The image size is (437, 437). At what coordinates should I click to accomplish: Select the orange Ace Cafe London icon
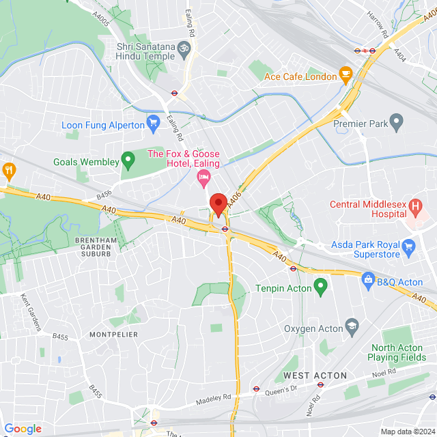[346, 73]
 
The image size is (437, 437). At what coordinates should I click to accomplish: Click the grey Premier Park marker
[397, 124]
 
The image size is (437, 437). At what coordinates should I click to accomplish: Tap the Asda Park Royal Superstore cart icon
[408, 246]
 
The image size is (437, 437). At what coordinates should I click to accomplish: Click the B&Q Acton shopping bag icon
[368, 279]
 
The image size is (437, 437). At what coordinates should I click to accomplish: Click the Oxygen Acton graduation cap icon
[352, 324]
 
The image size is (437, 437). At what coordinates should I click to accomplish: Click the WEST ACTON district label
[315, 376]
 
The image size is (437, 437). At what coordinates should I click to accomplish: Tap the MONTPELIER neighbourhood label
[113, 334]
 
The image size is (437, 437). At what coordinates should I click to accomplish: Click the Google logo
[23, 428]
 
